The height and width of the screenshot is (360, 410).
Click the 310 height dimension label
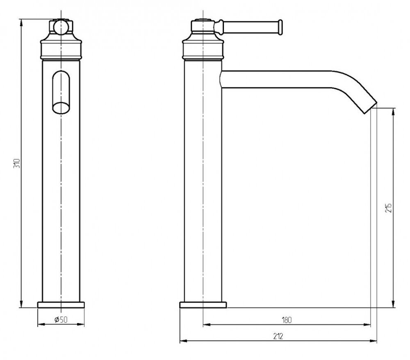[x=17, y=163]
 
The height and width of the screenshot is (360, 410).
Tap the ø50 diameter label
[x=61, y=319]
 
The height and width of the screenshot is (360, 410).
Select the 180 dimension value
[x=287, y=320]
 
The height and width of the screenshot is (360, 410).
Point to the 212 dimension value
[x=278, y=336]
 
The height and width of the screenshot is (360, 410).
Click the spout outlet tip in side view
[x=371, y=107]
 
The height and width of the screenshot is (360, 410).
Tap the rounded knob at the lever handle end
[x=280, y=27]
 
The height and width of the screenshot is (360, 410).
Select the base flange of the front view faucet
[x=61, y=305]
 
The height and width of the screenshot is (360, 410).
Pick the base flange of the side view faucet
[x=203, y=305]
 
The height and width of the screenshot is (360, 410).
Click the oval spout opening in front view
[x=61, y=108]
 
